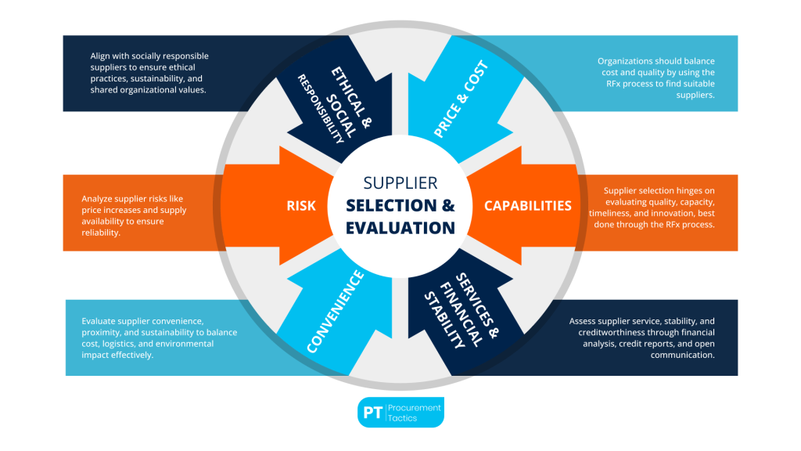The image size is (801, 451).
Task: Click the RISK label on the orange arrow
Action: pyautogui.click(x=300, y=206)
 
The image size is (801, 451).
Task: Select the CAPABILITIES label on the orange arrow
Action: pyautogui.click(x=527, y=206)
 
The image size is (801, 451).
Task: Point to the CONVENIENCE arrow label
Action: pyautogui.click(x=336, y=311)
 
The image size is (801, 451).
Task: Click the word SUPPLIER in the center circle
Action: pyautogui.click(x=400, y=182)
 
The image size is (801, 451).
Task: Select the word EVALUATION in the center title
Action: pyautogui.click(x=400, y=228)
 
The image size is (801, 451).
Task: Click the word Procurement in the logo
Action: pyautogui.click(x=415, y=407)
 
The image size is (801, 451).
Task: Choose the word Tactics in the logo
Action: pyautogui.click(x=405, y=418)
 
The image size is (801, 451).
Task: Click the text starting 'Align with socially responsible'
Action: pyautogui.click(x=148, y=73)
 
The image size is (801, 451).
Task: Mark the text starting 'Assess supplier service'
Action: pyautogui.click(x=641, y=337)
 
